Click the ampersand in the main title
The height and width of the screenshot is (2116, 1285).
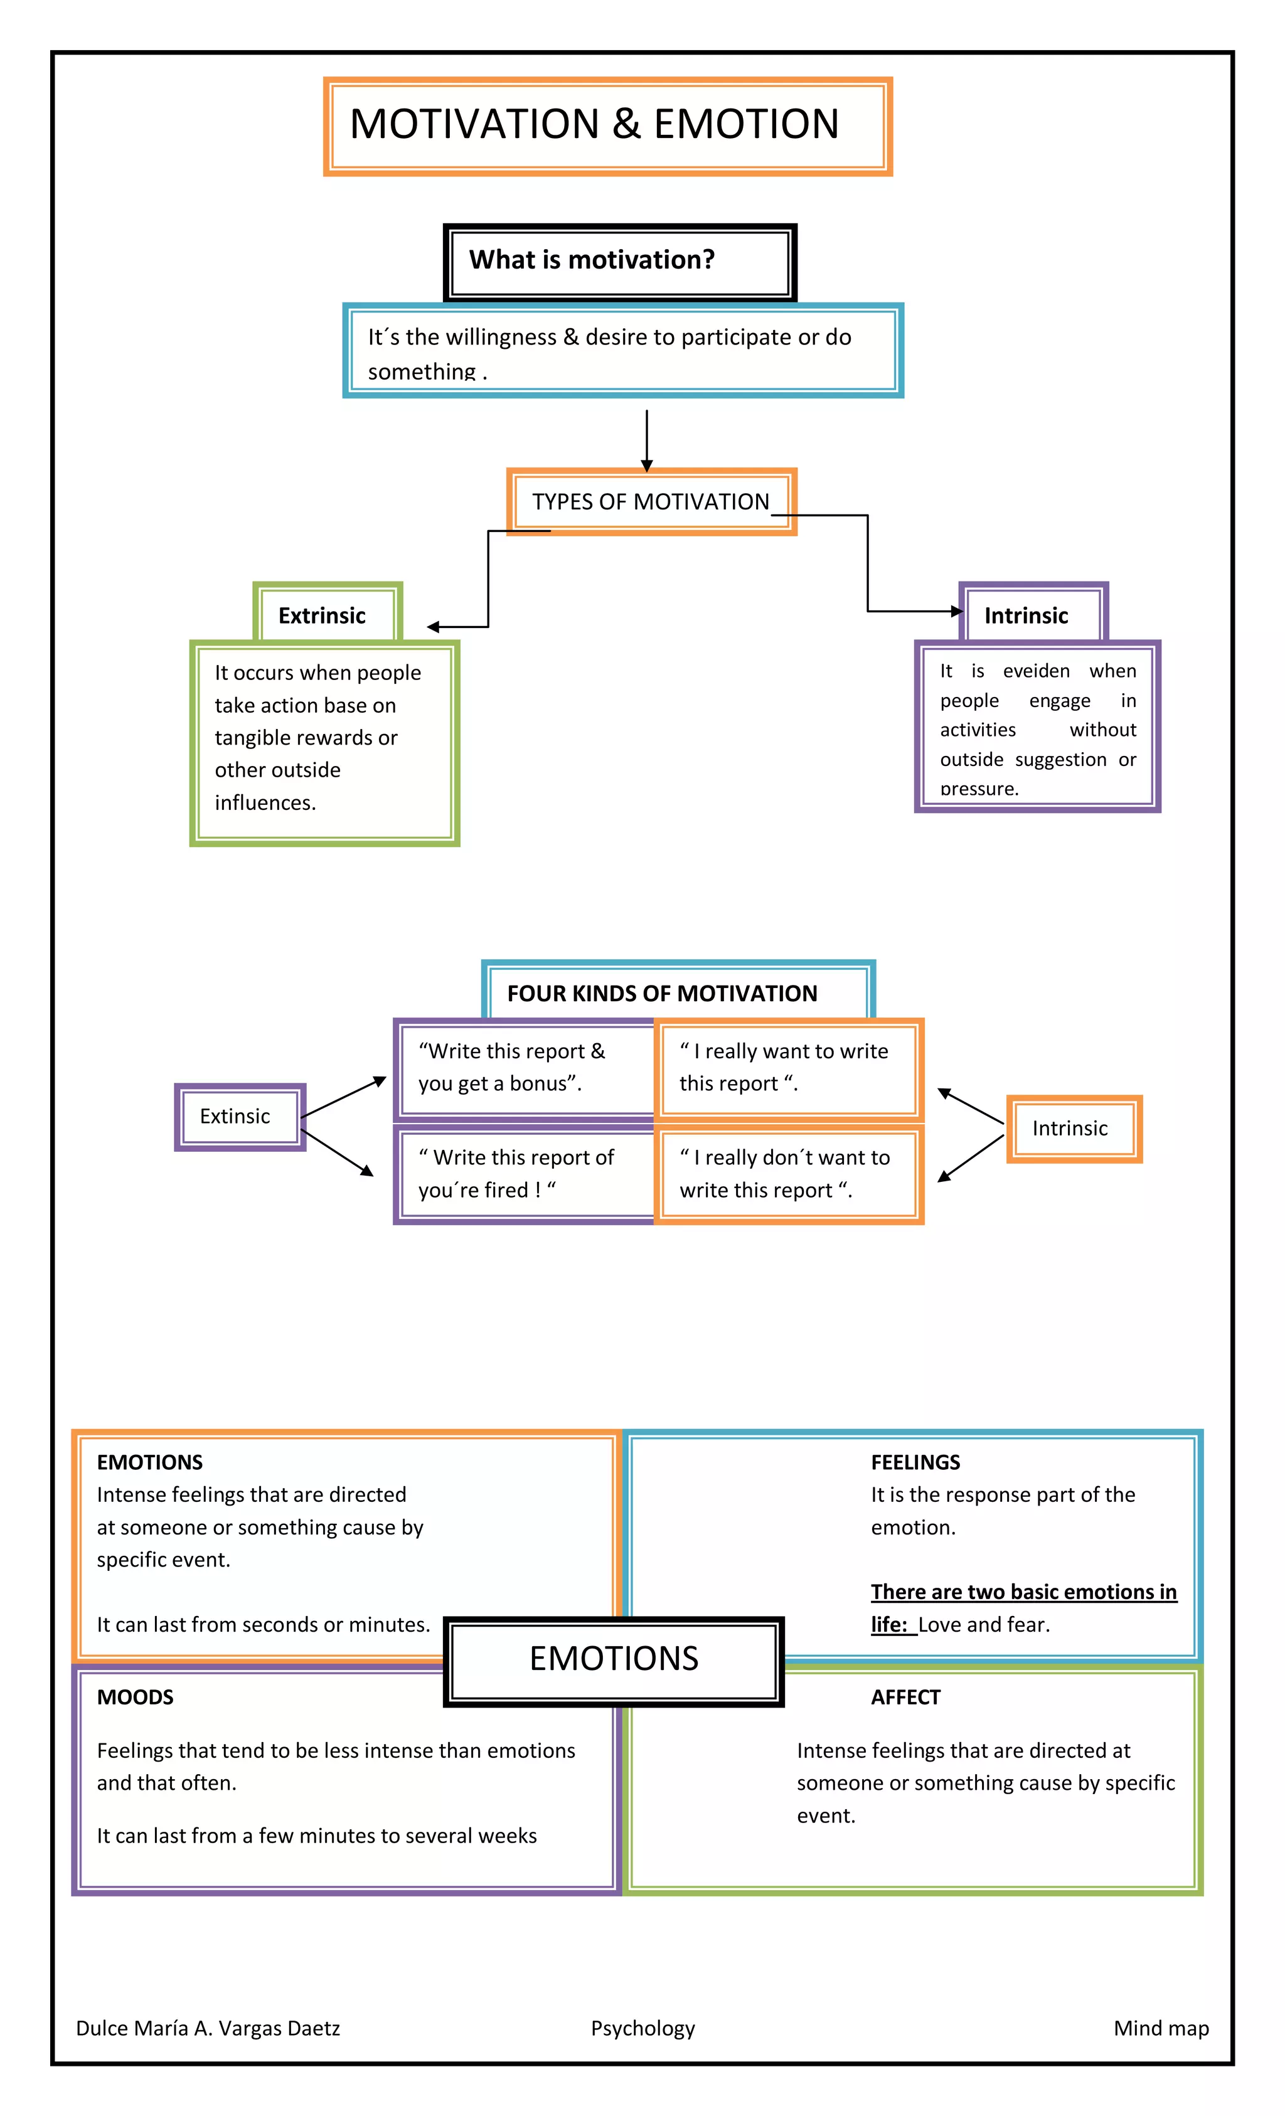[626, 124]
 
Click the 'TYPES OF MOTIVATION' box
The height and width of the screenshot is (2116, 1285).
[651, 501]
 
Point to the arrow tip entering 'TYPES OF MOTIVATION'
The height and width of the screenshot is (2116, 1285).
[647, 466]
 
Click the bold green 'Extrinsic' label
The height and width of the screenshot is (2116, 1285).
[322, 616]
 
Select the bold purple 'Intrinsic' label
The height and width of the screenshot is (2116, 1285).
[1026, 616]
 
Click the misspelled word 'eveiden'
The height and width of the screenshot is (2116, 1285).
[1036, 671]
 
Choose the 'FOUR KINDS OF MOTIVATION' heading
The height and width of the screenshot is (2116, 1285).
[662, 994]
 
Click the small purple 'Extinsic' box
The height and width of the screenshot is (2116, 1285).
[235, 1117]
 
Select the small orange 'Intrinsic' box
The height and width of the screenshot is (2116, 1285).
[1070, 1129]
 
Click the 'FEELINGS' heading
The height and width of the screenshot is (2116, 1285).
[915, 1462]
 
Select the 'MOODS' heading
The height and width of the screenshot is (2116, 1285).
[136, 1698]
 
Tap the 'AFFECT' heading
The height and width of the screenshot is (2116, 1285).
[905, 1698]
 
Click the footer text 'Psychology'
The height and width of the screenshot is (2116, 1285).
[642, 2028]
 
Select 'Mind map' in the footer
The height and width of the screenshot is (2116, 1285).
[1160, 2028]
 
